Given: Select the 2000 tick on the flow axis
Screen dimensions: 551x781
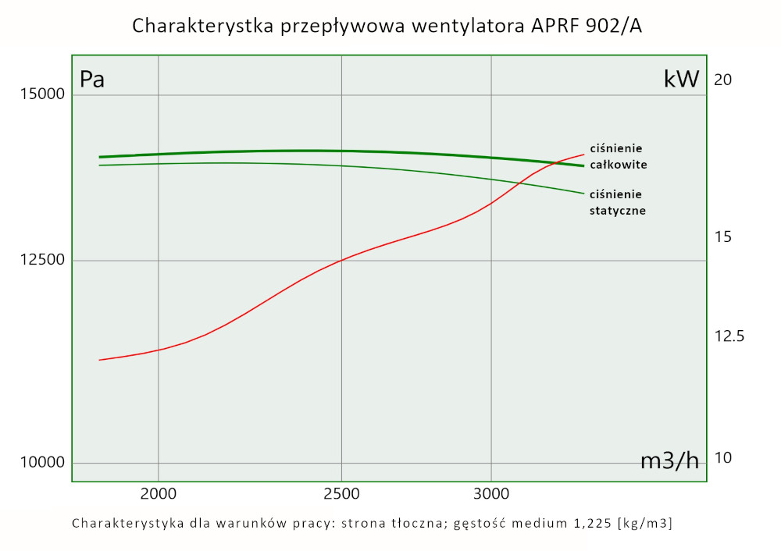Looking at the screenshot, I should (159, 493).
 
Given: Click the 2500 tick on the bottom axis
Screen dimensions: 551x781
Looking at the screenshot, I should (341, 493).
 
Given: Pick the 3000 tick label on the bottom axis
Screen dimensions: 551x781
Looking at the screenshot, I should (491, 493).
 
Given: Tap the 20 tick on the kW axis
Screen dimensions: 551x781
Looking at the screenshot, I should (722, 80).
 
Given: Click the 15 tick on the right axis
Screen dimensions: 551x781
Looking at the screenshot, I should (722, 236).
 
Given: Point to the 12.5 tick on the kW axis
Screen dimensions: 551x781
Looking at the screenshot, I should (729, 336).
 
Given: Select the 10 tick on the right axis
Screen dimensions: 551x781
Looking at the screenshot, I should (722, 457).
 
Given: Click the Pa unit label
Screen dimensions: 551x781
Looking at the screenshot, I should (92, 80).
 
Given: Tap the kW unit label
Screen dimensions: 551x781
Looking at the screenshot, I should (681, 80).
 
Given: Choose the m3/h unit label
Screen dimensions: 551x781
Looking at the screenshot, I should (669, 460).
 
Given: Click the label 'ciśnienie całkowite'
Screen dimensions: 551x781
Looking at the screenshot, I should (619, 156).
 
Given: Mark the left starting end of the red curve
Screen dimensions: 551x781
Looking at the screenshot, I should (99, 360).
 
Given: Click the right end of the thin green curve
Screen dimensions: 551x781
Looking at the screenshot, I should (583, 193).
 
